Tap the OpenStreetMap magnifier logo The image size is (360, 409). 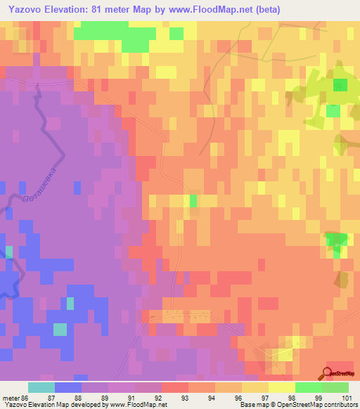[328, 373]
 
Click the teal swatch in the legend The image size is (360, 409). [41, 387]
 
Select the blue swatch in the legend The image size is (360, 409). [68, 387]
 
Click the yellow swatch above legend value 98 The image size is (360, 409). [282, 387]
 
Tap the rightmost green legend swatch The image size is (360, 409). [335, 387]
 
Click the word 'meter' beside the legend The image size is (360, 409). [10, 397]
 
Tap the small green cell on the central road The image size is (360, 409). [193, 201]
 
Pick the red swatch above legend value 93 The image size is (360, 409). [175, 387]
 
